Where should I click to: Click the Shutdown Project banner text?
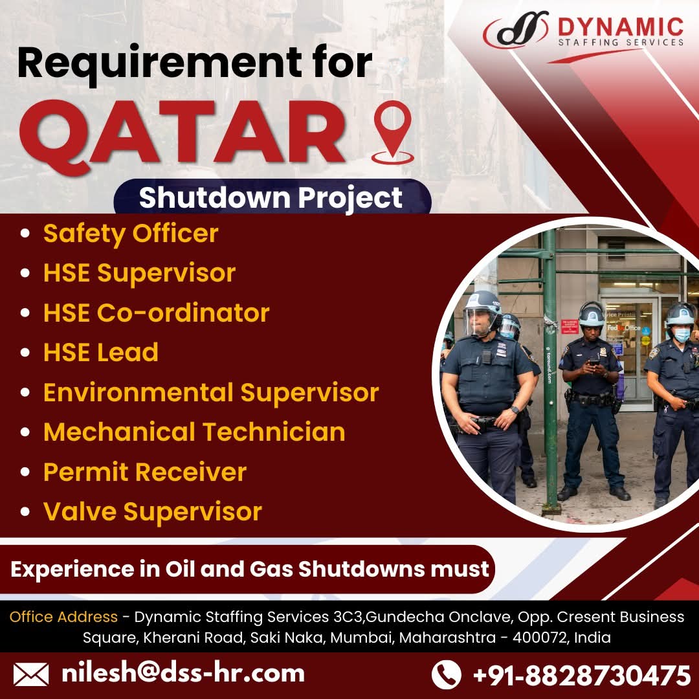(x=271, y=197)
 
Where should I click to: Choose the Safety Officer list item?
(x=131, y=234)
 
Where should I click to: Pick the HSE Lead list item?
(x=101, y=352)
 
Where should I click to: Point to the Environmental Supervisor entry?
(x=211, y=392)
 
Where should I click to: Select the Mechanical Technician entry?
(x=194, y=432)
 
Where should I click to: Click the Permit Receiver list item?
(x=145, y=472)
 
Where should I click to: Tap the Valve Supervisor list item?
(x=153, y=511)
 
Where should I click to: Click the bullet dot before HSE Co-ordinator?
(x=25, y=313)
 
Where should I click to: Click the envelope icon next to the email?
(x=31, y=674)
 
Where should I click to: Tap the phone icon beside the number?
(x=446, y=674)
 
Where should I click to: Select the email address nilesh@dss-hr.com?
(x=183, y=673)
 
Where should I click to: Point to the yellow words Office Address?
(x=63, y=617)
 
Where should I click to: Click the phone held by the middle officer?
(x=594, y=362)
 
